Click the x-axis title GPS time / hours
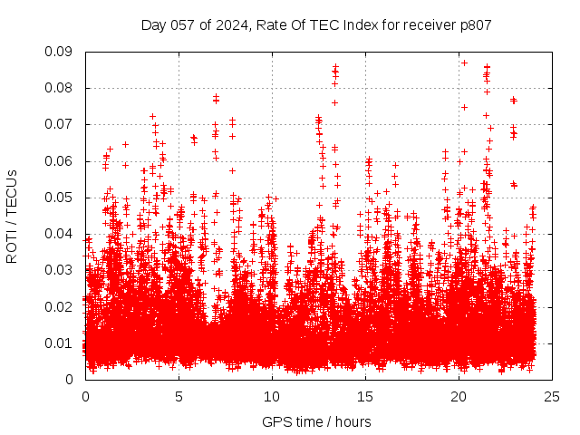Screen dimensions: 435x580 (x=316, y=421)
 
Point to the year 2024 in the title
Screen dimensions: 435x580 (x=229, y=25)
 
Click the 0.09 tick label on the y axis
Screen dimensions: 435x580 (x=61, y=52)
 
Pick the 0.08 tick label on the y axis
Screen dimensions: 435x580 (x=61, y=88)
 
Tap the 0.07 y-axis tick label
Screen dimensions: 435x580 (x=61, y=124)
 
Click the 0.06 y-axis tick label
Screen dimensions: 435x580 (x=61, y=161)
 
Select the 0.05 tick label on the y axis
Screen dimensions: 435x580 (x=61, y=198)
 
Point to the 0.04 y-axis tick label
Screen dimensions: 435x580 (x=61, y=234)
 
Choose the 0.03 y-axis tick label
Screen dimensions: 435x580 (x=61, y=270)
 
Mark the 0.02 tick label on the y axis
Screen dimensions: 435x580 (x=61, y=306)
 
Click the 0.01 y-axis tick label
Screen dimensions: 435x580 (x=61, y=343)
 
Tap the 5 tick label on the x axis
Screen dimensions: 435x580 (x=179, y=396)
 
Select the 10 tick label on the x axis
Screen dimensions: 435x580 (x=272, y=396)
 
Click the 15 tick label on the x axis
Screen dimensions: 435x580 (x=365, y=396)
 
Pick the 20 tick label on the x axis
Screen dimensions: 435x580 (x=459, y=396)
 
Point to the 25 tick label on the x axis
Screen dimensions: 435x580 (x=552, y=396)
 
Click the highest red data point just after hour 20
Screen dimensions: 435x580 (x=464, y=63)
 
